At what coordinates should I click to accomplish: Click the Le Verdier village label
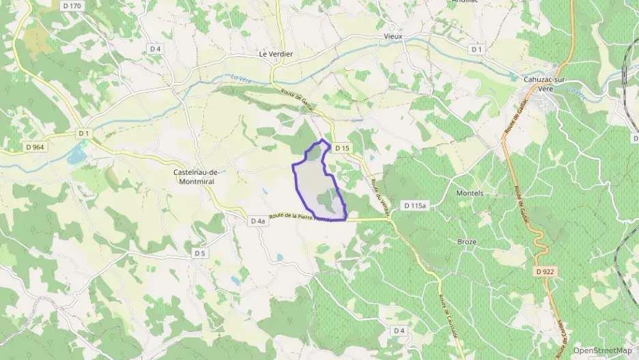click(x=276, y=54)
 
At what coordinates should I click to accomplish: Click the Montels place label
click(x=469, y=193)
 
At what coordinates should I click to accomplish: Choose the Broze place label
click(x=467, y=242)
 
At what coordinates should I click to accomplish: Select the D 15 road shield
click(x=343, y=148)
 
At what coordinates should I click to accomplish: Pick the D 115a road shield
click(x=414, y=205)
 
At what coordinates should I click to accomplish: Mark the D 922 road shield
click(x=545, y=272)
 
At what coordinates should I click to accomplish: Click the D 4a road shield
click(x=257, y=221)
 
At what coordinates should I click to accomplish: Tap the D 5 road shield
click(x=199, y=253)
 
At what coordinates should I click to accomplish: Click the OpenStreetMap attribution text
click(x=602, y=350)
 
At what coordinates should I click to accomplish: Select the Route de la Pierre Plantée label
click(x=300, y=217)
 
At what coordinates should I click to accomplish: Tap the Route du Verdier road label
click(x=375, y=194)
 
